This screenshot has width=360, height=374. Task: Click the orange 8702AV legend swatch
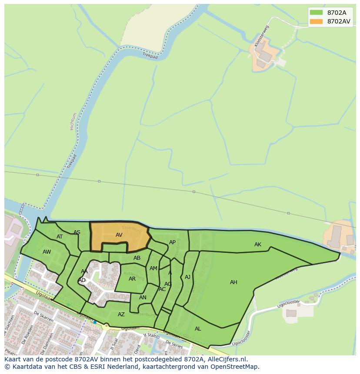[x=316, y=21]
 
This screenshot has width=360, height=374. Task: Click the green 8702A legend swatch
[x=316, y=13]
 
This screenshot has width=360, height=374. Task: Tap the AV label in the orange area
[x=119, y=235]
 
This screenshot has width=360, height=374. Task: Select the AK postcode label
[x=258, y=245]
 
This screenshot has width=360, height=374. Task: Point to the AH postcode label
[x=233, y=282]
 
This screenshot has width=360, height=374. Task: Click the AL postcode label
[x=198, y=329]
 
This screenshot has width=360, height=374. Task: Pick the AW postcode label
[x=47, y=252]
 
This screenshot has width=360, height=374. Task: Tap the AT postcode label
[x=60, y=237]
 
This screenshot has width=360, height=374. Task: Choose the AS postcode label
[x=77, y=232]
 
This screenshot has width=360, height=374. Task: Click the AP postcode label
[x=172, y=242]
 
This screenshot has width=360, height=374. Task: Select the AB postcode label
[x=137, y=258]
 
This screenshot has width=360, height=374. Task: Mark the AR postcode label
[x=132, y=279]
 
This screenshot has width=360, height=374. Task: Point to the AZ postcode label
[x=121, y=314]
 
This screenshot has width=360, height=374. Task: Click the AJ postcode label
[x=187, y=277]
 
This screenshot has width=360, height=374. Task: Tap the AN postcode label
[x=143, y=298]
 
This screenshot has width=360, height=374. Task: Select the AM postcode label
[x=153, y=268]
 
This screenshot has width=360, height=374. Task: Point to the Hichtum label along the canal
[x=73, y=121]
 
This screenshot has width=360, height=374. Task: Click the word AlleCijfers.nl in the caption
[x=226, y=359]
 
